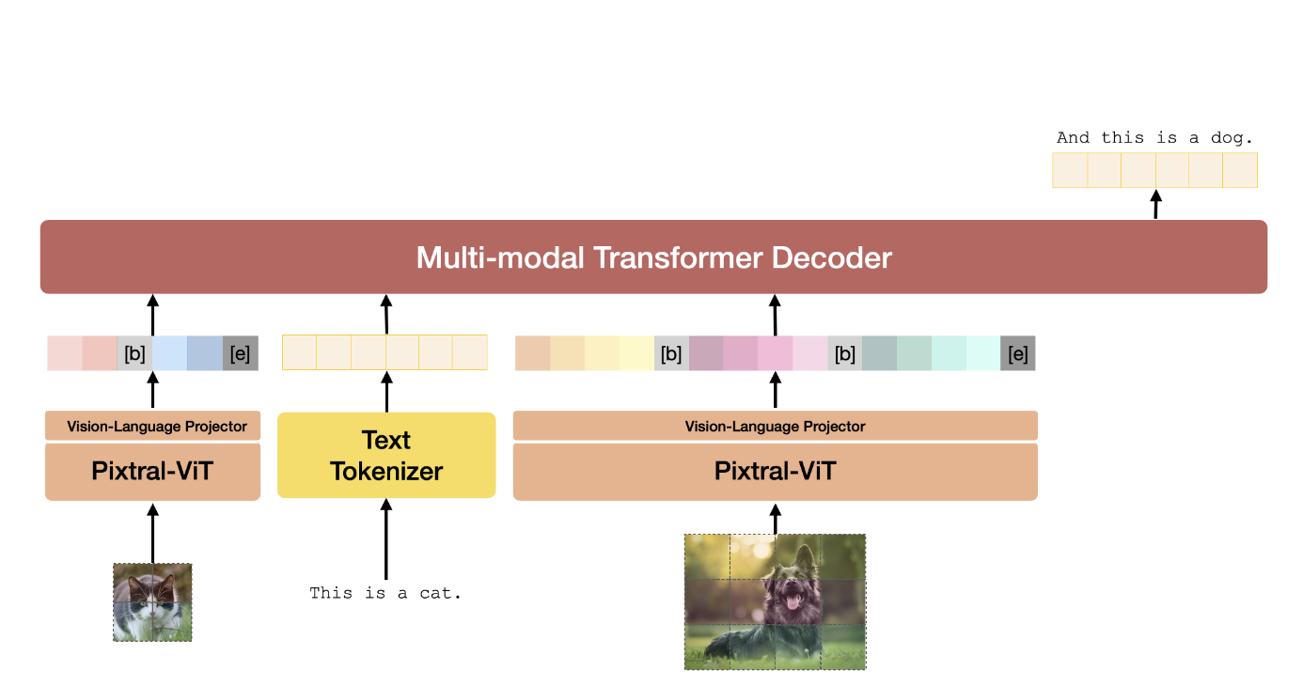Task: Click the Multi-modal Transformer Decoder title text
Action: click(x=653, y=257)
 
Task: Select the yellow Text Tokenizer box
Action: click(x=386, y=455)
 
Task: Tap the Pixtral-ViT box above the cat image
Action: click(x=152, y=471)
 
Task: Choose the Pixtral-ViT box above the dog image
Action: click(x=775, y=471)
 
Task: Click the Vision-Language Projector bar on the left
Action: click(x=152, y=426)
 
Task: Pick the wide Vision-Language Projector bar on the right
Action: click(x=775, y=426)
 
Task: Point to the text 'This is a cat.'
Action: click(x=386, y=593)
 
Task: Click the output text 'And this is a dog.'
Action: click(x=1154, y=138)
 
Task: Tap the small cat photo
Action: click(x=152, y=602)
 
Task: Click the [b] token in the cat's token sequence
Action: click(x=134, y=353)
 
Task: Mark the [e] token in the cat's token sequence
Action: click(x=240, y=353)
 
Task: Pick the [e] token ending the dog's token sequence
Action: click(x=1017, y=353)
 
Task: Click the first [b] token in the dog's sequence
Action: click(x=671, y=353)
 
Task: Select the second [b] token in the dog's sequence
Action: click(x=845, y=353)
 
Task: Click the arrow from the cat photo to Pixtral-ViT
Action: click(x=153, y=532)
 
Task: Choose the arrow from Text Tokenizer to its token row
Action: click(x=385, y=391)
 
